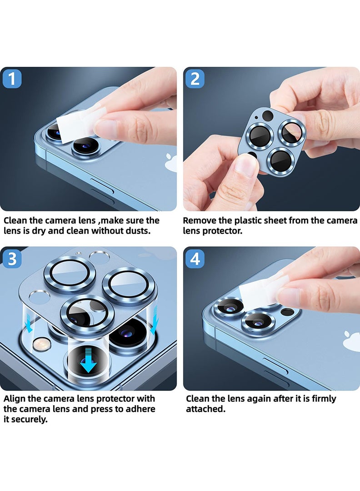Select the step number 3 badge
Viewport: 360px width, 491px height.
pyautogui.click(x=12, y=259)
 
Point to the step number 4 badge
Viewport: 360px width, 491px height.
pyautogui.click(x=195, y=259)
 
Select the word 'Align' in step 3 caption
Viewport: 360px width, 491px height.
pyautogui.click(x=15, y=399)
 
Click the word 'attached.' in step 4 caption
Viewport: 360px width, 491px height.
pyautogui.click(x=205, y=409)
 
